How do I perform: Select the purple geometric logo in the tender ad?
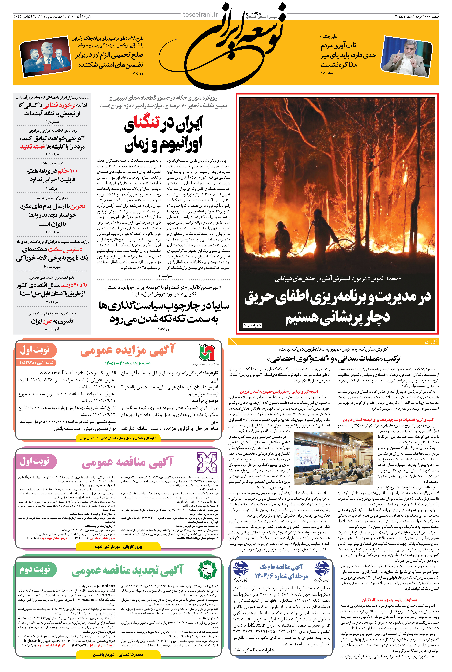click(x=207, y=462)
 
